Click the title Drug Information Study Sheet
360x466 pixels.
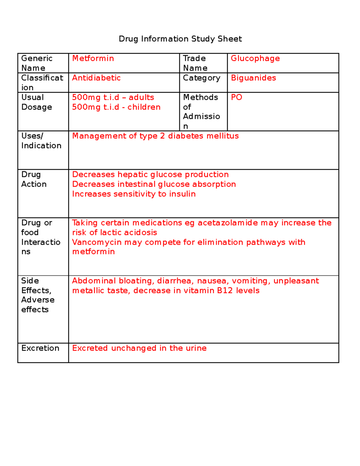click(x=180, y=39)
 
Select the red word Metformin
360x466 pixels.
click(x=93, y=58)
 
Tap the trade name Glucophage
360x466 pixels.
click(x=255, y=58)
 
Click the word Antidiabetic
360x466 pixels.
click(x=96, y=78)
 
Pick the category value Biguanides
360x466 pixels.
click(x=253, y=78)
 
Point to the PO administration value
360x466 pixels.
click(x=236, y=97)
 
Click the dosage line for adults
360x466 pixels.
click(x=113, y=97)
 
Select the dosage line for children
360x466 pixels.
click(x=116, y=107)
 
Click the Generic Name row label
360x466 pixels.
click(x=37, y=63)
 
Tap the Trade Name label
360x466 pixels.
click(x=195, y=63)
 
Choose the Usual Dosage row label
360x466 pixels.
click(x=36, y=102)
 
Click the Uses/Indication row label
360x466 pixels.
click(x=41, y=140)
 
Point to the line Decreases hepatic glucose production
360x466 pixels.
click(x=150, y=174)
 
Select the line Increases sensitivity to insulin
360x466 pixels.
click(x=134, y=194)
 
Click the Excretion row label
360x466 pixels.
click(x=40, y=348)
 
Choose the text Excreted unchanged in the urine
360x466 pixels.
click(x=139, y=348)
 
